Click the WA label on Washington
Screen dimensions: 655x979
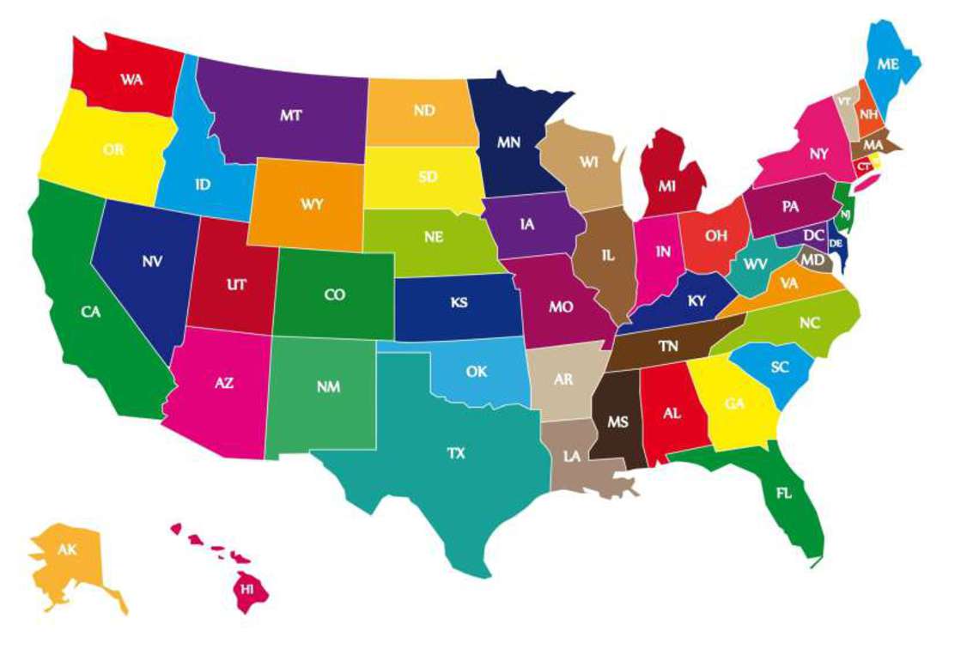(x=131, y=79)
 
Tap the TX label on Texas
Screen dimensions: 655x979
(x=456, y=452)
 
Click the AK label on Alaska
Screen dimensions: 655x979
(x=67, y=549)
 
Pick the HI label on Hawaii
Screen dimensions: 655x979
(x=247, y=589)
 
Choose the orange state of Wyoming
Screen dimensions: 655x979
(x=312, y=205)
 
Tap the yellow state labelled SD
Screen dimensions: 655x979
(x=428, y=178)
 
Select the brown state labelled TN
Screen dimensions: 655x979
(x=668, y=346)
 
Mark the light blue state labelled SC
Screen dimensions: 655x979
(x=780, y=367)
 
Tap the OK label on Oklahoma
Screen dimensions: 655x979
(x=477, y=372)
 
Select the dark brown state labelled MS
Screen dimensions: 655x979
(x=617, y=422)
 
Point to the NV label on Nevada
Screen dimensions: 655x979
(x=153, y=260)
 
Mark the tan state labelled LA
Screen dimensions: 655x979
(x=572, y=457)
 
